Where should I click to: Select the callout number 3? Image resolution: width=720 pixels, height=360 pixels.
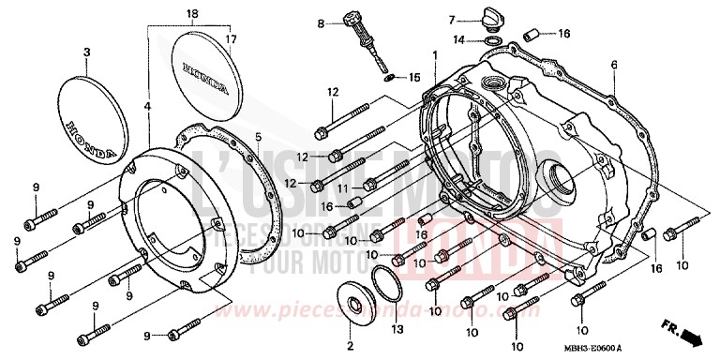(87, 53)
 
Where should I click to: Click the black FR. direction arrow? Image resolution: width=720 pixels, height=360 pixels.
(692, 334)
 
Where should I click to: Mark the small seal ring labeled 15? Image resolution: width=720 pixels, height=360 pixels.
(390, 78)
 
